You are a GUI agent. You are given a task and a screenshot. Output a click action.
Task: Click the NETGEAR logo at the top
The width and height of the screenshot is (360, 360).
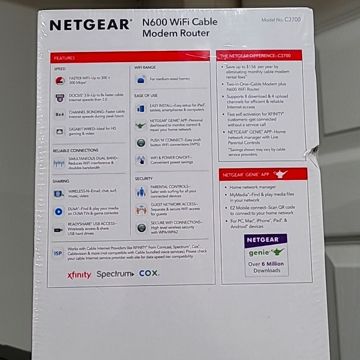click(x=90, y=25)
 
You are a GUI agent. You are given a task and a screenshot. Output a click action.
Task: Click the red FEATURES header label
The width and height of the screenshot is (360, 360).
click(x=65, y=57)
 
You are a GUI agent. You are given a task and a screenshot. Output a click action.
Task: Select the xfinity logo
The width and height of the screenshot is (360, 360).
click(x=79, y=275)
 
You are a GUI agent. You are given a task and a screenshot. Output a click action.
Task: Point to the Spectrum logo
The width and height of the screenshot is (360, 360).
click(x=115, y=274)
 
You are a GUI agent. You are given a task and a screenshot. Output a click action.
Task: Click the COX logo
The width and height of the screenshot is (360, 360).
click(x=149, y=273)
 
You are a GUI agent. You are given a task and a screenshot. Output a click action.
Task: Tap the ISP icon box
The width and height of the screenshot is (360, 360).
click(x=58, y=253)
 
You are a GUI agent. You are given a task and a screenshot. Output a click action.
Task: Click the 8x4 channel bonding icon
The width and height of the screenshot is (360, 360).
click(x=60, y=114)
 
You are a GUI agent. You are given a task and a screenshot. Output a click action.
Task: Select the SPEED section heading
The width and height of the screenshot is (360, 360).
click(x=60, y=69)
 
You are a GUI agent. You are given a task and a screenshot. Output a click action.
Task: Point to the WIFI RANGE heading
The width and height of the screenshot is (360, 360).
click(x=145, y=67)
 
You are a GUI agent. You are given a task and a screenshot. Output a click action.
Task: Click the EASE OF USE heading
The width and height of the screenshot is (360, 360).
click(x=146, y=95)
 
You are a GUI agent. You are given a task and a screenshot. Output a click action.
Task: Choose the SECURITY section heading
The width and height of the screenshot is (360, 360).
click(x=144, y=178)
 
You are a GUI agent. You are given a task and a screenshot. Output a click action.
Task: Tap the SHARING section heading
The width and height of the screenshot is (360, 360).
click(x=61, y=181)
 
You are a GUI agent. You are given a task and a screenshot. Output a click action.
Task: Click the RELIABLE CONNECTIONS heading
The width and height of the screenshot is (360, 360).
click(x=76, y=150)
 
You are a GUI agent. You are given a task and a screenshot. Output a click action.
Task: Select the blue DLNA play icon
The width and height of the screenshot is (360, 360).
click(x=59, y=212)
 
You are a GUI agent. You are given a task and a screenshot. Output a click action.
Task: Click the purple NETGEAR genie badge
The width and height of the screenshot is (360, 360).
click(x=266, y=246)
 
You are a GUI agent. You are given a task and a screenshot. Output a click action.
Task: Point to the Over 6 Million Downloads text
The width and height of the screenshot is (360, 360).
click(x=266, y=267)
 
